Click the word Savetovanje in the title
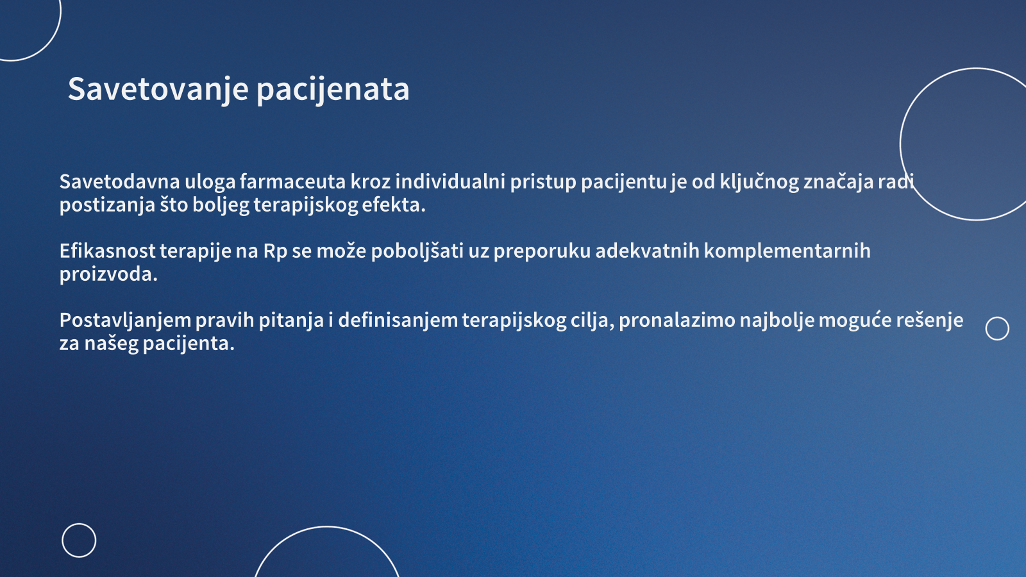click(x=158, y=90)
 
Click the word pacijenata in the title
click(x=333, y=90)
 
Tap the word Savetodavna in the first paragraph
click(x=119, y=181)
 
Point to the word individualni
click(x=450, y=181)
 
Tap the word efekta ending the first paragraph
click(x=394, y=205)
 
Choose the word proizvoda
click(x=108, y=275)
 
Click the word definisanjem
click(x=398, y=320)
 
